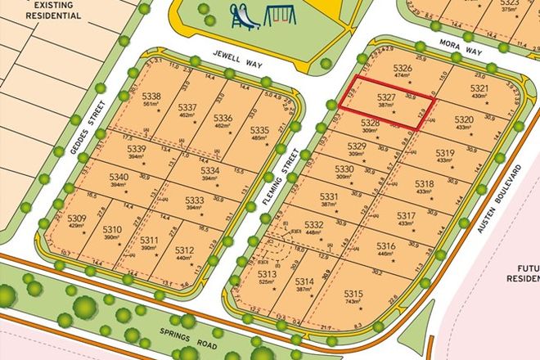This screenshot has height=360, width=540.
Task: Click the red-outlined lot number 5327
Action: pos(387,97)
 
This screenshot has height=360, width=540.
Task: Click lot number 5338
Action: pos(151,97)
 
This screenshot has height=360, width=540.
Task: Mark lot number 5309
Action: pos(77,218)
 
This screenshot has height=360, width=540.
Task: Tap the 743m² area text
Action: pos(353,303)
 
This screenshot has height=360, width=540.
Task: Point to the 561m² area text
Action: pos(151,106)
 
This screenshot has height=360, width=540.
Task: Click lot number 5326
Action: pos(402,68)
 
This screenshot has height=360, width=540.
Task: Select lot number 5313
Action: pos(267,275)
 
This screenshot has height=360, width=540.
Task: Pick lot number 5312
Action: pos(184,250)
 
